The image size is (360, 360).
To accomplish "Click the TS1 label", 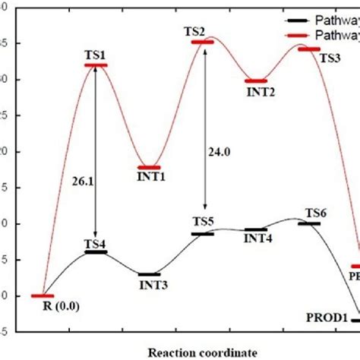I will point(96,55).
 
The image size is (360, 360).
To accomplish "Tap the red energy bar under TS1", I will point(96,65).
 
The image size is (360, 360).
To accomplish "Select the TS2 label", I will point(194,31).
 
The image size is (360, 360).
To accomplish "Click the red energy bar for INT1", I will point(149,167).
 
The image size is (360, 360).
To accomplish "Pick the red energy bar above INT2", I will point(256,81).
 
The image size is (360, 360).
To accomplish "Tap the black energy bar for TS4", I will point(96,251).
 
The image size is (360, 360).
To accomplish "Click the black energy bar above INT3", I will point(149,274).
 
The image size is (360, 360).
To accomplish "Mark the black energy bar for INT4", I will point(256,229).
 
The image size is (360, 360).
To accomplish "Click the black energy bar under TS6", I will point(309,223).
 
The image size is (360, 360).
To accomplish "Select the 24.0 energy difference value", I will point(219,151).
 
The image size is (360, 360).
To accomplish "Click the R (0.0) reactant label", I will point(60,307).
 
